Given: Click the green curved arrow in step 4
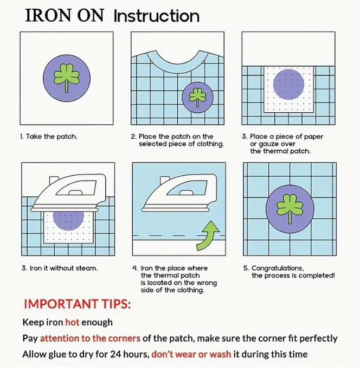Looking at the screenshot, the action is tap(207, 238).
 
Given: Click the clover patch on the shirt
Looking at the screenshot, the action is tap(197, 97).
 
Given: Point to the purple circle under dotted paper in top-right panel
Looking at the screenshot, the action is tap(288, 85).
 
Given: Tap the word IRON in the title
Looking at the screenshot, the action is tap(48, 16).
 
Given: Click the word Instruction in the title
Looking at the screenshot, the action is tap(157, 16).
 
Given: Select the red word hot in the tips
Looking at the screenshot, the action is tap(72, 323).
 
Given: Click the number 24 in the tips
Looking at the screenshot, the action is tap(115, 354).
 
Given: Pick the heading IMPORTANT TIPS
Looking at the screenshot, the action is tap(78, 304).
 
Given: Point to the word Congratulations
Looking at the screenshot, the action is tap(278, 268).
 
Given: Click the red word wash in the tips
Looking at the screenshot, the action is tap(220, 354).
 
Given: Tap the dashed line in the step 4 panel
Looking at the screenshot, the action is tap(179, 236).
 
